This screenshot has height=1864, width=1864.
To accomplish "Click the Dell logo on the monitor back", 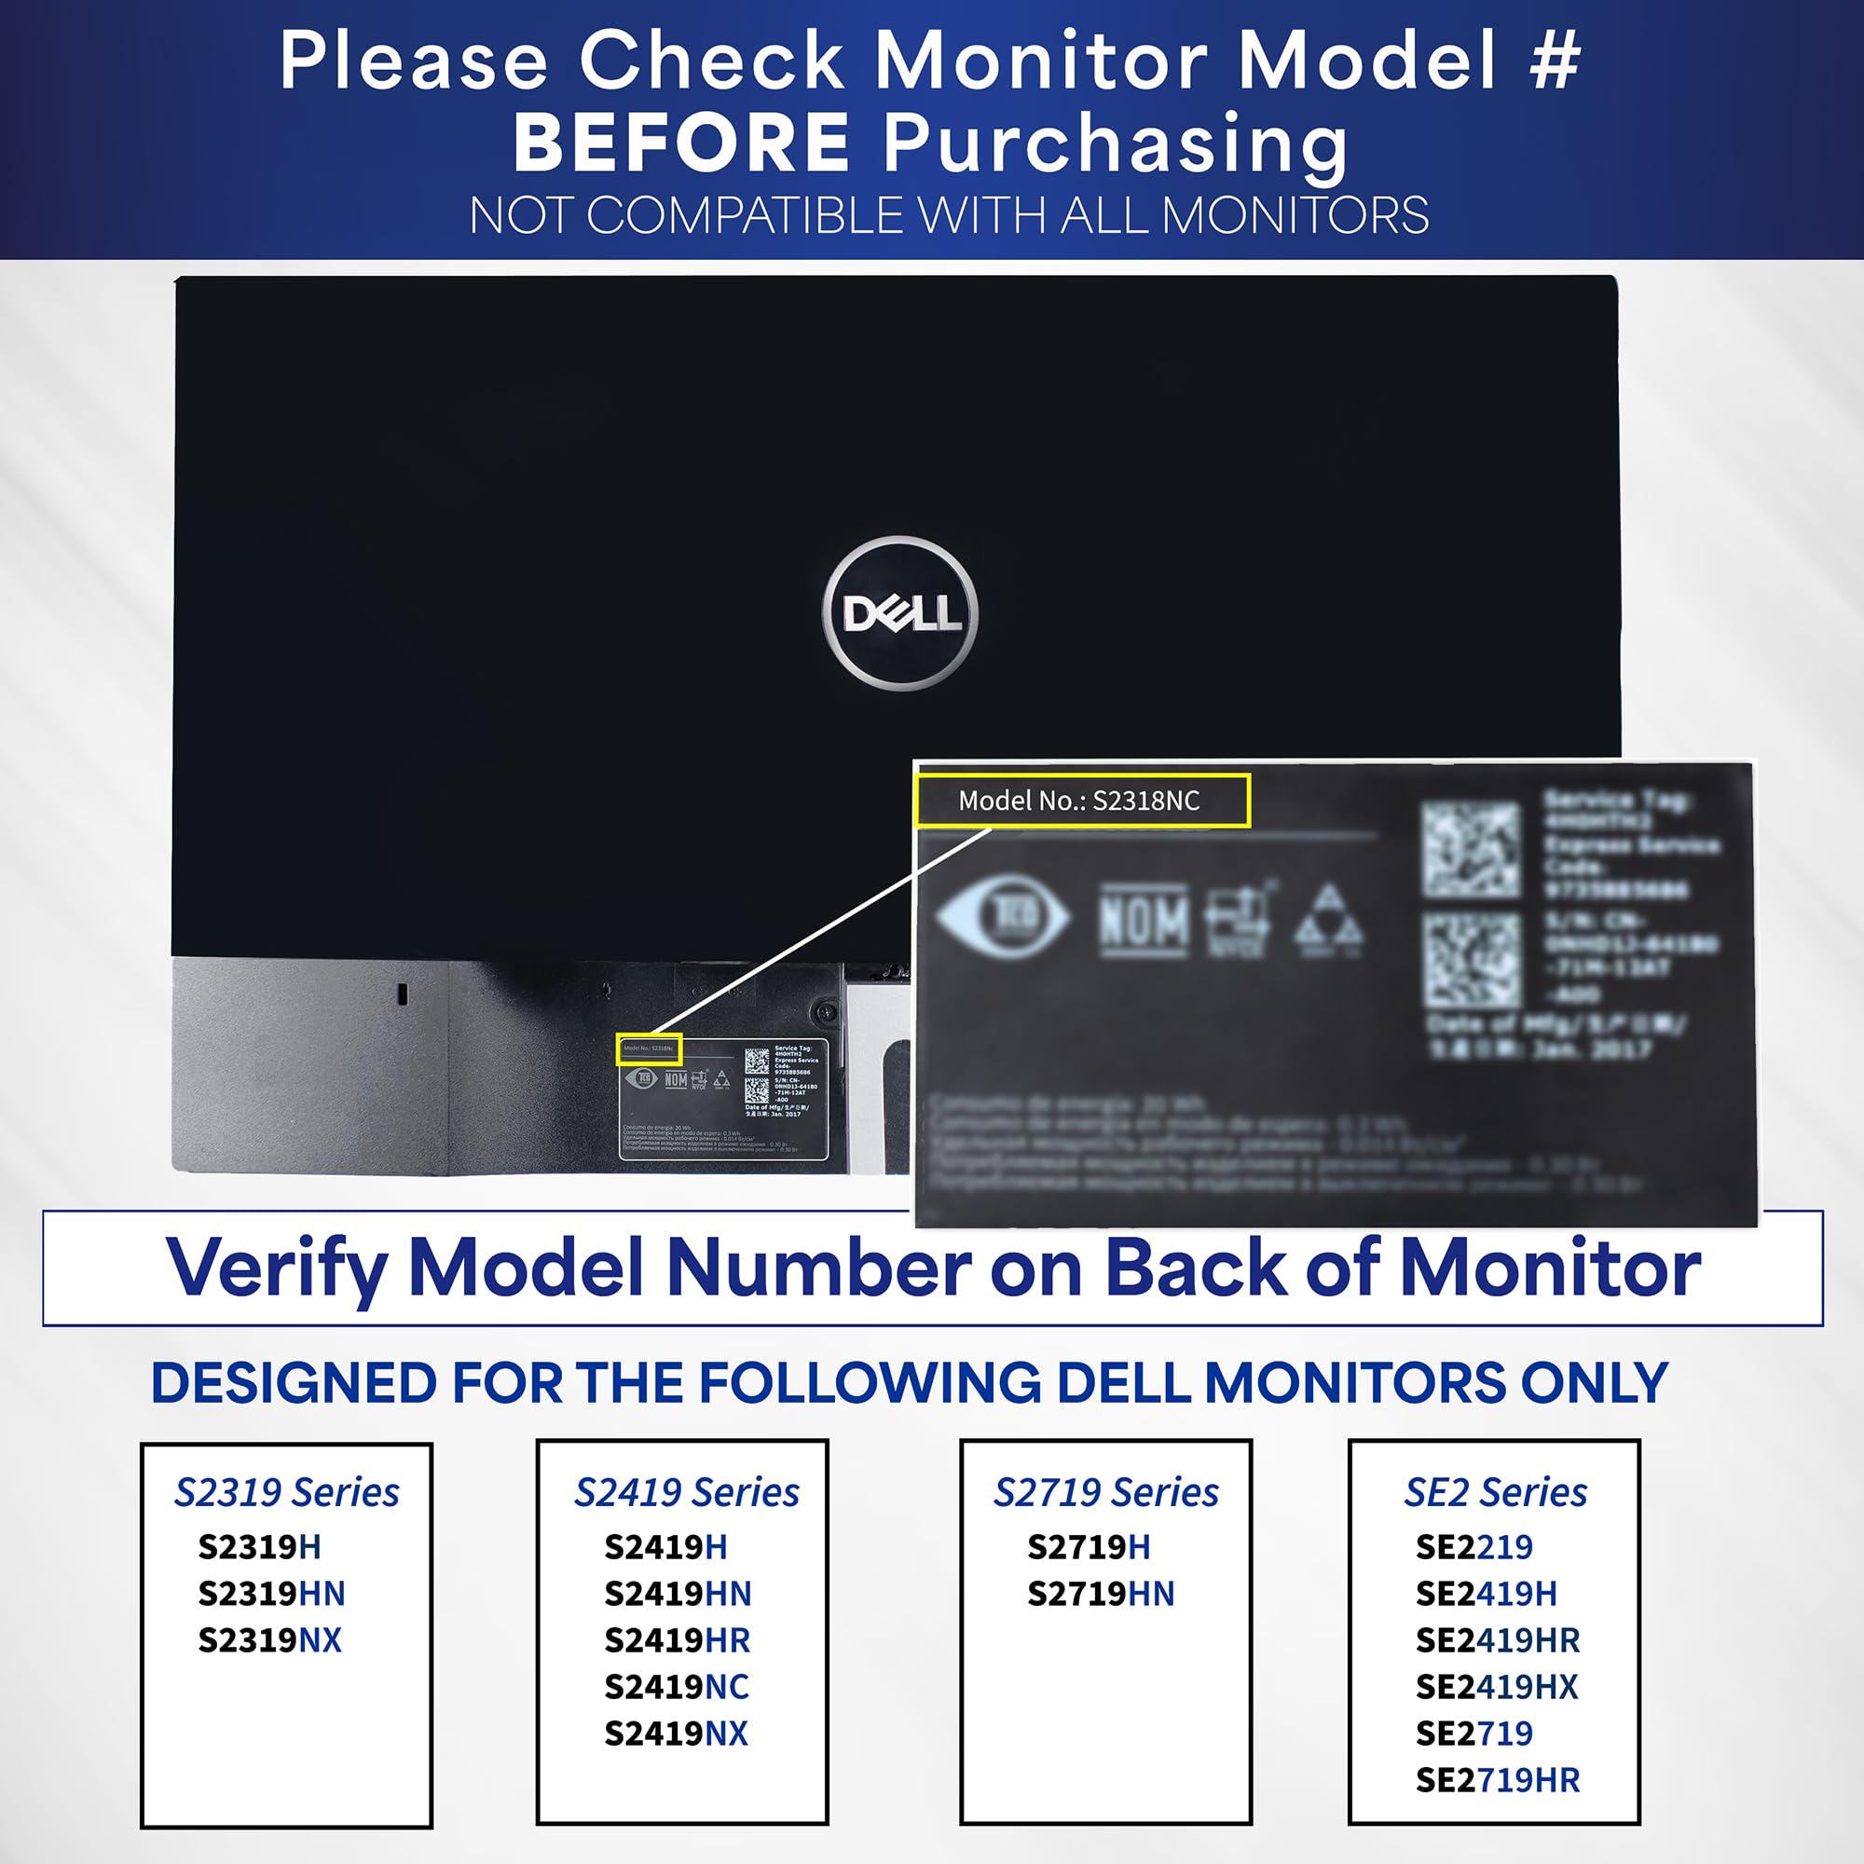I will click(899, 612).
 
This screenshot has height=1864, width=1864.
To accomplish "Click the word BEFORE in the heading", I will click(680, 143).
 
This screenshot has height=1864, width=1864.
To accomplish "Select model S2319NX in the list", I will click(270, 1640).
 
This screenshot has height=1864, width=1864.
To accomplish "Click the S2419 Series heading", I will click(686, 1492).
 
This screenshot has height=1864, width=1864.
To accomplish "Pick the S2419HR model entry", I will click(677, 1640).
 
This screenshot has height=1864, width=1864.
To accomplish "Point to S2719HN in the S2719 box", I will click(1100, 1594).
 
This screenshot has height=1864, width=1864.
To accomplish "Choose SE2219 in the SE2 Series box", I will click(1473, 1546).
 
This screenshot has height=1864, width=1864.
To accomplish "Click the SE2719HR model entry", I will click(1498, 1780).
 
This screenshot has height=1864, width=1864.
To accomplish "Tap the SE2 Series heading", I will click(1495, 1492).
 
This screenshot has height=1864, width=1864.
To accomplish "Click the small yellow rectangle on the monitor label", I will click(649, 1048).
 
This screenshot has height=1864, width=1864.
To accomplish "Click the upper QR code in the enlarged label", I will click(1471, 848).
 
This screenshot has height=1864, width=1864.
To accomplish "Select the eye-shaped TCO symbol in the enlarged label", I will click(1004, 914).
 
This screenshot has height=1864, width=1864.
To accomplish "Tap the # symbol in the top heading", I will click(1555, 60).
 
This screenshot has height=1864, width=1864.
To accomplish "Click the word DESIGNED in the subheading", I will click(294, 1382).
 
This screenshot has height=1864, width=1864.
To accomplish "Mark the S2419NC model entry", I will click(677, 1687).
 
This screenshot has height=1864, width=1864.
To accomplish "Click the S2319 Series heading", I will click(286, 1492).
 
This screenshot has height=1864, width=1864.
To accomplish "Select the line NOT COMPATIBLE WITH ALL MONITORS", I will click(949, 215).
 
